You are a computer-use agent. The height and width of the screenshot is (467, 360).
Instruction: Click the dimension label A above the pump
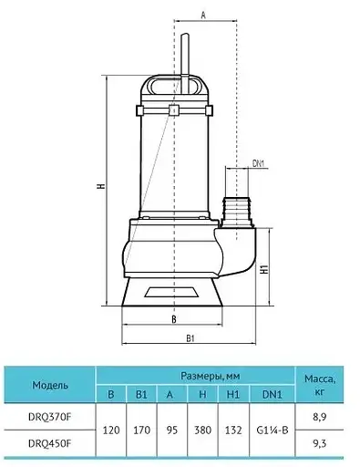coord(203,16)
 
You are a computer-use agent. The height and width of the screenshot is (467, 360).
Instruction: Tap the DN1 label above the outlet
coord(259,163)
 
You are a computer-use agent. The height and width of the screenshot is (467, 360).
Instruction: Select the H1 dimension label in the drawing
coord(265,268)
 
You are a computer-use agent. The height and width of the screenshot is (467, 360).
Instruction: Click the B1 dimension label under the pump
coord(190,338)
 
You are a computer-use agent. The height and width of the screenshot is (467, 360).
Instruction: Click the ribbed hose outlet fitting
coord(237,213)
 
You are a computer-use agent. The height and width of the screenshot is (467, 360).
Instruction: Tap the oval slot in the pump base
coord(171,293)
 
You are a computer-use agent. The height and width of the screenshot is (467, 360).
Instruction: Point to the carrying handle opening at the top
coord(174,87)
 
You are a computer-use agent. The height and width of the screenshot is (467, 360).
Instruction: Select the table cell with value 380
coord(202,431)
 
